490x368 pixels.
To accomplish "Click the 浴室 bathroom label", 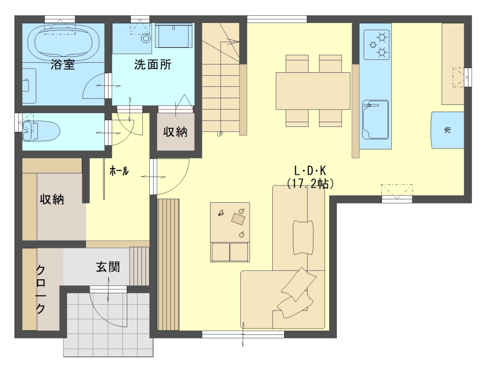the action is click(63, 65).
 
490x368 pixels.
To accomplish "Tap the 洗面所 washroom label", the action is click(153, 65).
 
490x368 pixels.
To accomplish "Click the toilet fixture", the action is click(41, 131).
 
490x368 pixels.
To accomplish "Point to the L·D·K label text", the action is click(310, 171).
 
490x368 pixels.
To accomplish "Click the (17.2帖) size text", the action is click(310, 184).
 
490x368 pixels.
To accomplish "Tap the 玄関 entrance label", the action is click(108, 267).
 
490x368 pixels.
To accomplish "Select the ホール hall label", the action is click(119, 171).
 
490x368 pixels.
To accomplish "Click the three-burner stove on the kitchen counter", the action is click(377, 45).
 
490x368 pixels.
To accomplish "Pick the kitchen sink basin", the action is click(375, 120).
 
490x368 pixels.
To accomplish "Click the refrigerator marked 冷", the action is click(447, 130).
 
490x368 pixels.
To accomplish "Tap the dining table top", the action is click(313, 91).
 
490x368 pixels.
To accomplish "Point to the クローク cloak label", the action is click(41, 289).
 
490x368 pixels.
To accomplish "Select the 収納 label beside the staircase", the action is click(175, 132).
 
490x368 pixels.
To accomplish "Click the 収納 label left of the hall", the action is click(52, 199).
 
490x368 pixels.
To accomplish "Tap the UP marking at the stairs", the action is click(220, 134).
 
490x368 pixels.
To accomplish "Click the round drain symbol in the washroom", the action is click(145, 38).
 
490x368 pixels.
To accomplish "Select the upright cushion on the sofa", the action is click(303, 238).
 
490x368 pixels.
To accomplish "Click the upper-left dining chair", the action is click(297, 64).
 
